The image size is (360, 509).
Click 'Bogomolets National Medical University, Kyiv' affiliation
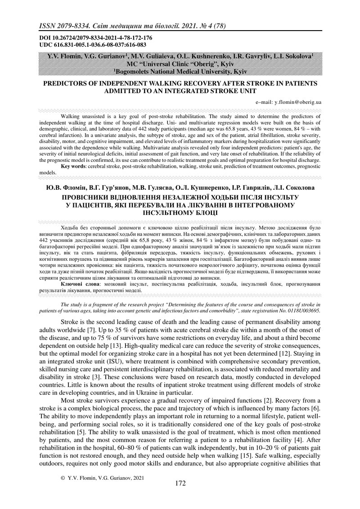(181, 71)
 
